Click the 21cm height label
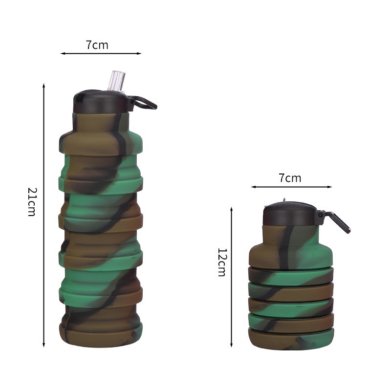click(x=31, y=202)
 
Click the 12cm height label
click(x=221, y=262)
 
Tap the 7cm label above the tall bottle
click(x=97, y=45)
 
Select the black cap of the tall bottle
click(x=100, y=102)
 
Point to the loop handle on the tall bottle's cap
click(x=145, y=103)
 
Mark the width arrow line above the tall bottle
click(x=101, y=53)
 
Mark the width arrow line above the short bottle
click(x=291, y=187)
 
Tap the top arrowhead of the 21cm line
click(x=44, y=86)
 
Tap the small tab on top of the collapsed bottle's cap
click(x=284, y=201)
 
